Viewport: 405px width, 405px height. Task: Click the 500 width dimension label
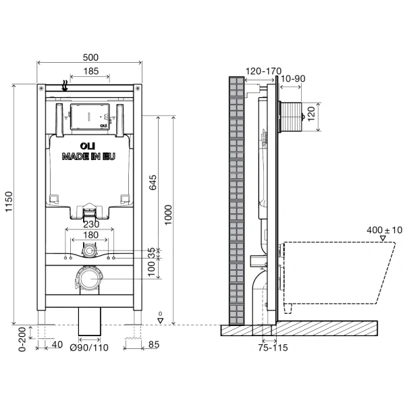coord(90,57)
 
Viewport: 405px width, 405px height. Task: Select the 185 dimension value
coord(91,71)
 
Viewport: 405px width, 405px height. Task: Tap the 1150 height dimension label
coord(9,202)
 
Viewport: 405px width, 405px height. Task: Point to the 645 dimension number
coord(153,182)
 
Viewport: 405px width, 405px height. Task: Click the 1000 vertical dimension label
coord(168,215)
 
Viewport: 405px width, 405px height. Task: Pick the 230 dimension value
coord(91,224)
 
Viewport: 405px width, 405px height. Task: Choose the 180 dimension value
coord(90,235)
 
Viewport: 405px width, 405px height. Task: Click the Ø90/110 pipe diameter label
coord(89,348)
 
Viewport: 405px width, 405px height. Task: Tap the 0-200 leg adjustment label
coord(22,340)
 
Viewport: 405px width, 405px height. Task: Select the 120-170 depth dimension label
coord(263,71)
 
